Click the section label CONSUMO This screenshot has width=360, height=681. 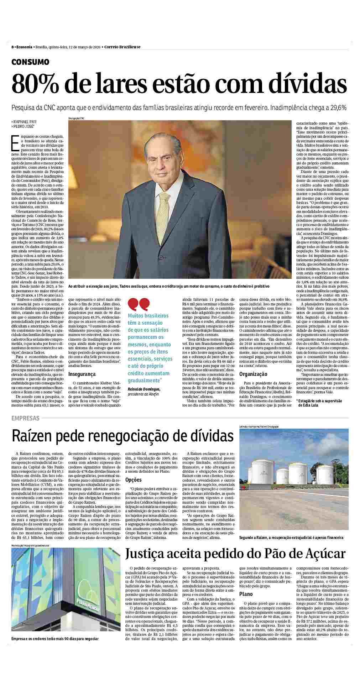[30, 62]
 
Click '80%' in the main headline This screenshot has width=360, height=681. [30, 84]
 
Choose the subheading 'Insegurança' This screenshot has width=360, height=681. [82, 374]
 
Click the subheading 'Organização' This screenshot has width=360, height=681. [253, 374]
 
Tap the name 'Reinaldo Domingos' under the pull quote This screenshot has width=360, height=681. [144, 389]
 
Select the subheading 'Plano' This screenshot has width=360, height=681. [246, 594]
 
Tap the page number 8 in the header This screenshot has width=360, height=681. [13, 47]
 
